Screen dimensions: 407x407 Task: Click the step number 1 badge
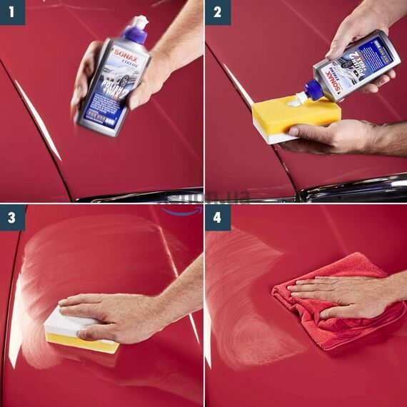tap(12, 12)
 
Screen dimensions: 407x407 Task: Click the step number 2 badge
tap(217, 12)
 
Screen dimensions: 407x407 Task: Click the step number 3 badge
tap(12, 218)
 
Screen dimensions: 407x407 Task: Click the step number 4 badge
tap(217, 218)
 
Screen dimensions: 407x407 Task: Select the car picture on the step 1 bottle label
tap(114, 76)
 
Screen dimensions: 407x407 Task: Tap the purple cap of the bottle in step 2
tap(313, 90)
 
